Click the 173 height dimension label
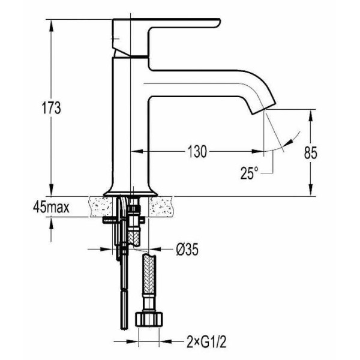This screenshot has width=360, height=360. pyautogui.click(x=51, y=107)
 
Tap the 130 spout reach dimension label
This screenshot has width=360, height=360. pyautogui.click(x=197, y=152)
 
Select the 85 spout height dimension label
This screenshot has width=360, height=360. pyautogui.click(x=311, y=152)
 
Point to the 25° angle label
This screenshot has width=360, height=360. pyautogui.click(x=250, y=173)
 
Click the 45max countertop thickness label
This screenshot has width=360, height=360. pyautogui.click(x=51, y=208)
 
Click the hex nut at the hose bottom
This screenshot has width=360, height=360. pyautogui.click(x=149, y=319)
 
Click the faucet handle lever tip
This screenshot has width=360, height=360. pyautogui.click(x=218, y=22)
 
